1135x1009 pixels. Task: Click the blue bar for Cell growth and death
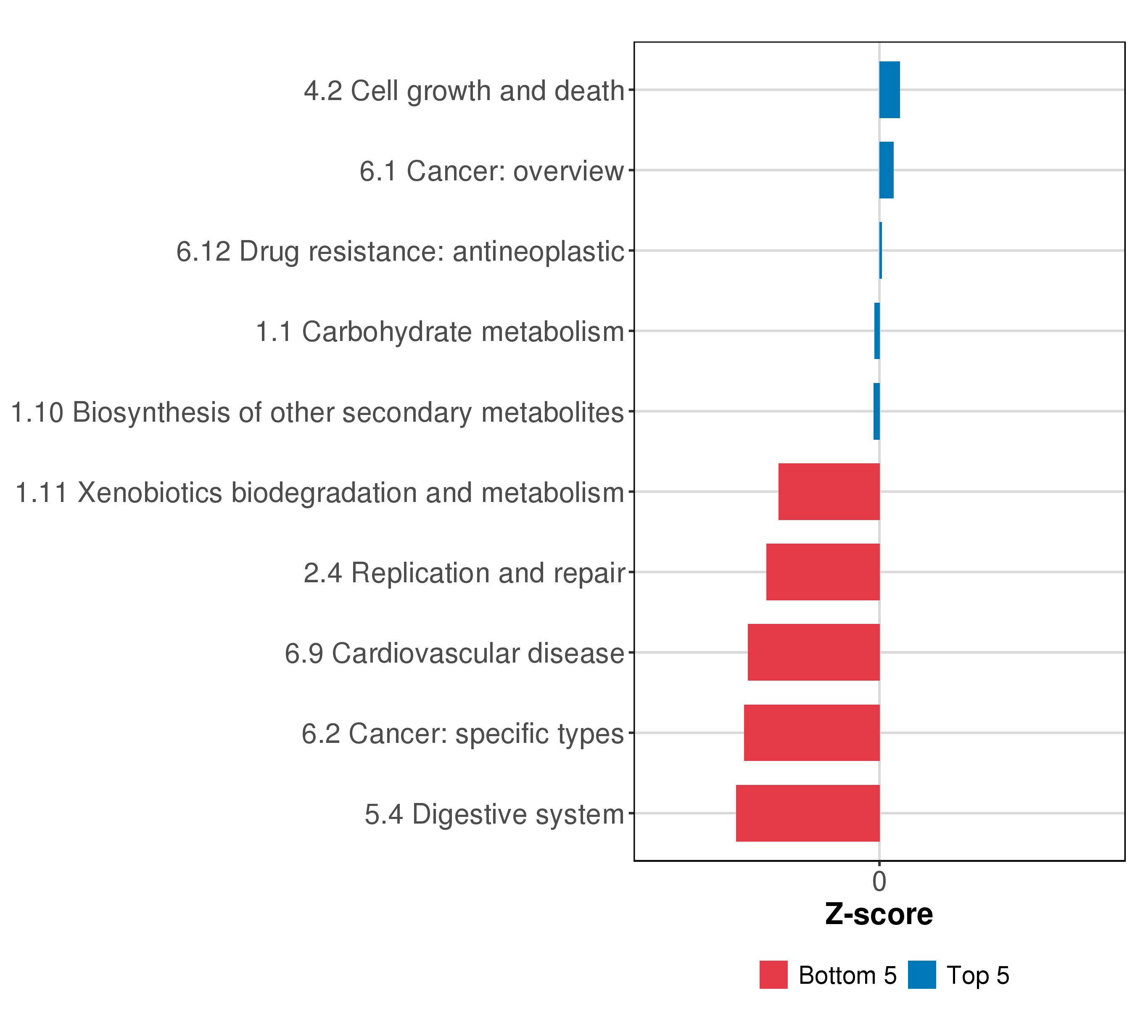[x=889, y=90]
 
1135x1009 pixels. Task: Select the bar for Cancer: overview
[x=886, y=170]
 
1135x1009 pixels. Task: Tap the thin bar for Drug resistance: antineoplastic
[x=881, y=251]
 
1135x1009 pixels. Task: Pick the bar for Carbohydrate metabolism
[x=877, y=331]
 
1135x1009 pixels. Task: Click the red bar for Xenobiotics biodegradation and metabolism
[x=829, y=491]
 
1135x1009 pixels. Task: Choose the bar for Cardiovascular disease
[x=813, y=652]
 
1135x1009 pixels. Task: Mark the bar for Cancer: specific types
[x=811, y=733]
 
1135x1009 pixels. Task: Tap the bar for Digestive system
[x=808, y=814]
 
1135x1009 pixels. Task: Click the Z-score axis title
[x=879, y=914]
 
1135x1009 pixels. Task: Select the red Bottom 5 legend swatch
[x=773, y=975]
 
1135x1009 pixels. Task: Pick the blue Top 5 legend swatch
[x=922, y=975]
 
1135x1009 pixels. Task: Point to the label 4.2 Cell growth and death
[x=464, y=90]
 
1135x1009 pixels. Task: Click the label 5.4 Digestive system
[x=494, y=815]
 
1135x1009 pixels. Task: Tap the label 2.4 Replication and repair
[x=464, y=573]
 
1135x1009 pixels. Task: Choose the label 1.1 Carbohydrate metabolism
[x=440, y=332]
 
